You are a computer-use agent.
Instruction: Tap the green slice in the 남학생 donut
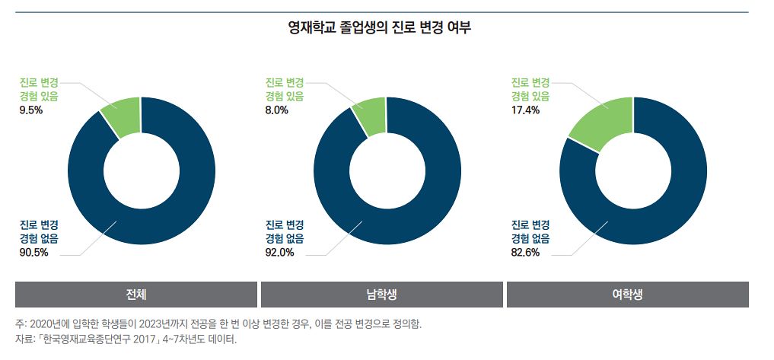pos(371,116)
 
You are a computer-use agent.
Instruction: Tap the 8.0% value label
pos(276,110)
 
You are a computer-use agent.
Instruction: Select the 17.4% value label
pos(524,110)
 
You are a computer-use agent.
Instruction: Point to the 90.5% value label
pos(33,253)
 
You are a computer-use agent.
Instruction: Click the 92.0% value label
pos(279,253)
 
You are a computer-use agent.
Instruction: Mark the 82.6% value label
pos(525,253)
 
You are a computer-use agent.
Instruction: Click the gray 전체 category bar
pos(136,295)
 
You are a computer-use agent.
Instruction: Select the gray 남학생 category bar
pos(381,295)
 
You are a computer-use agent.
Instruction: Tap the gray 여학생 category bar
pos(627,295)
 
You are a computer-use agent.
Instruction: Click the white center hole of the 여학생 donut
pos(632,171)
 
